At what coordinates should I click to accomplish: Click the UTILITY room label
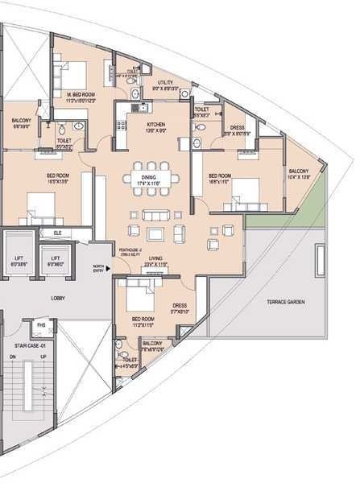(166, 82)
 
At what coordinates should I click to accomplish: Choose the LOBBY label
(58, 299)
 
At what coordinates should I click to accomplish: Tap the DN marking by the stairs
(13, 357)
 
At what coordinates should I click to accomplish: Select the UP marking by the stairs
(43, 357)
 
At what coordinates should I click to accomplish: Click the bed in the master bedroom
(64, 73)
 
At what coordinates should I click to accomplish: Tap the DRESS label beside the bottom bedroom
(180, 305)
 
